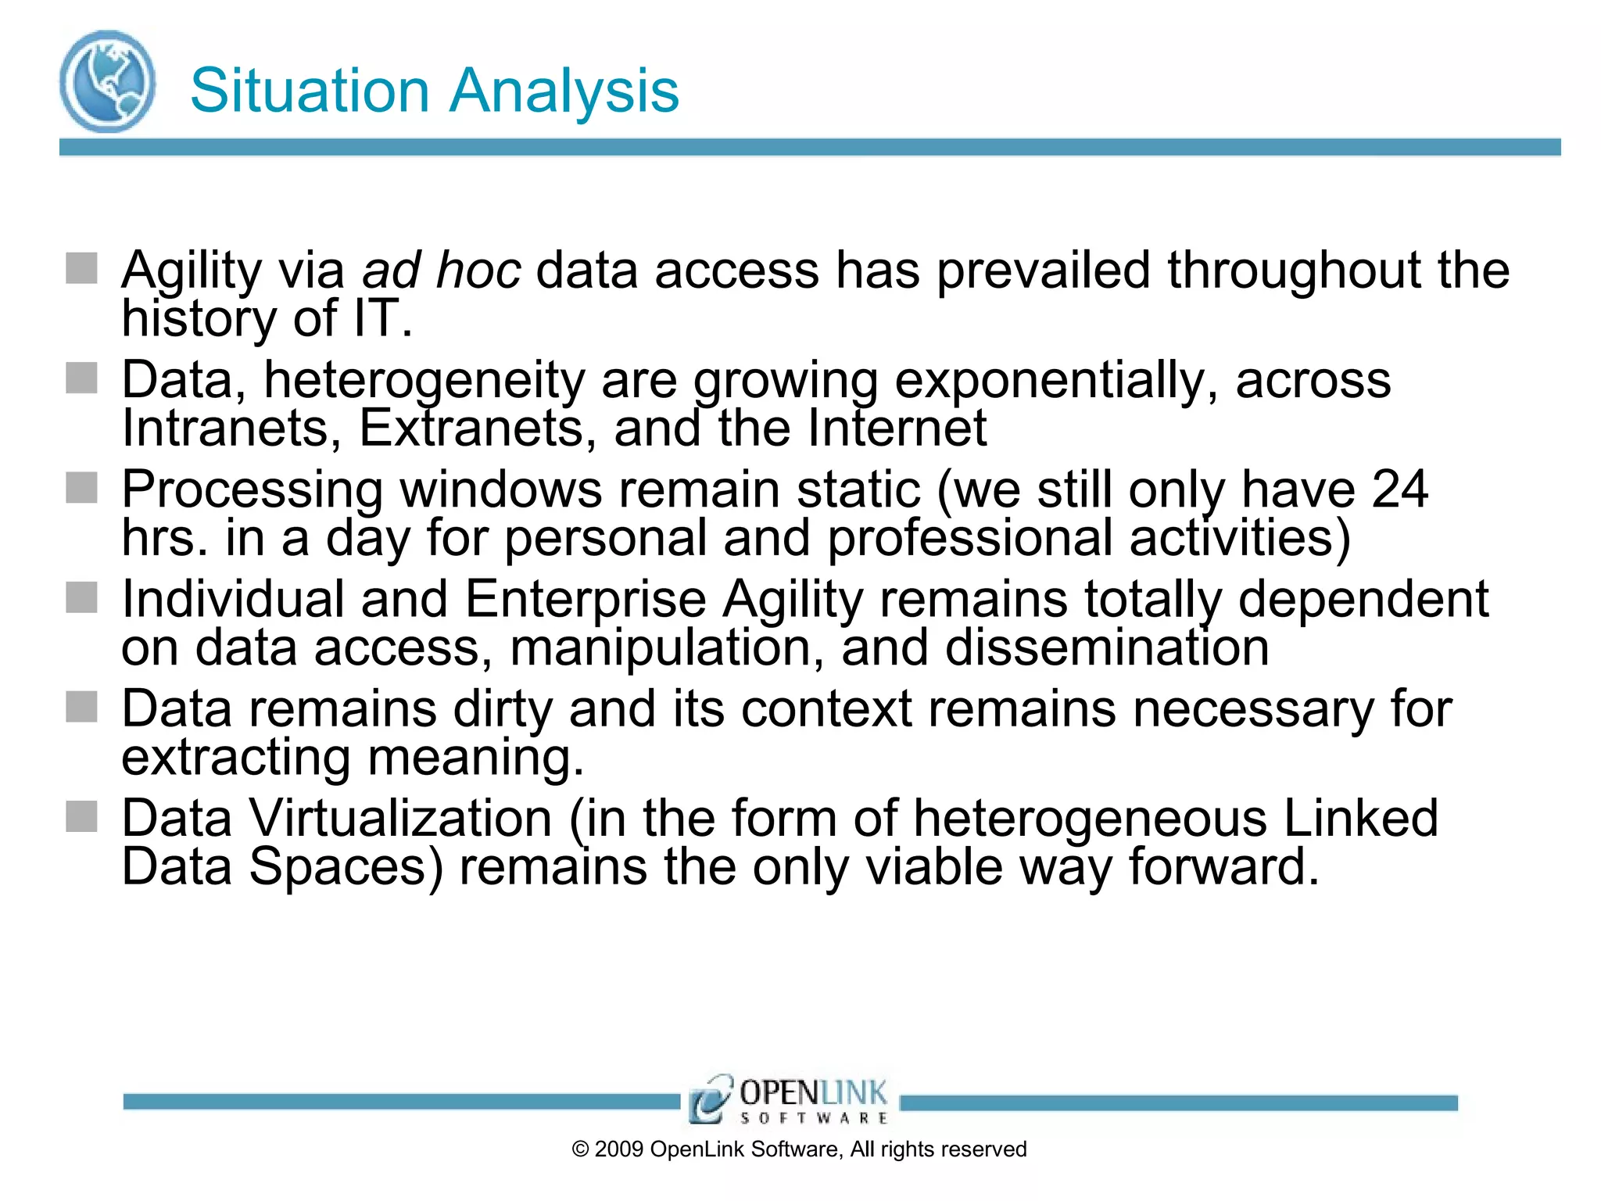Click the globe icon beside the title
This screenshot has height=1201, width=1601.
(x=107, y=81)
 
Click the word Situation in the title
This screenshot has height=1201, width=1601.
(x=310, y=91)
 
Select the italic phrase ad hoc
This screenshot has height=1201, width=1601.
(x=441, y=271)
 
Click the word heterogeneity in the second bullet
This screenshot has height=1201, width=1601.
(x=424, y=381)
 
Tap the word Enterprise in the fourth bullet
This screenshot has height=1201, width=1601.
(x=586, y=600)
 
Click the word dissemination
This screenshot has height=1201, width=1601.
(x=1107, y=648)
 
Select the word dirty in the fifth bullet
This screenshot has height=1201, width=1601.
(x=503, y=709)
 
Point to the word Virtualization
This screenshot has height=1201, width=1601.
(x=400, y=819)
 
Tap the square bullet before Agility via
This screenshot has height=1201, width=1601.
(x=81, y=268)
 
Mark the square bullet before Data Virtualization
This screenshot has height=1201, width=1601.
(x=81, y=817)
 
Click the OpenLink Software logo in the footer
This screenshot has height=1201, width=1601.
(x=788, y=1099)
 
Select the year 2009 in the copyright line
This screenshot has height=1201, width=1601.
(x=619, y=1149)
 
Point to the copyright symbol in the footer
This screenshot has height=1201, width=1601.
(x=580, y=1149)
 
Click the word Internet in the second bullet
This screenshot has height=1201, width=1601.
(x=897, y=428)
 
